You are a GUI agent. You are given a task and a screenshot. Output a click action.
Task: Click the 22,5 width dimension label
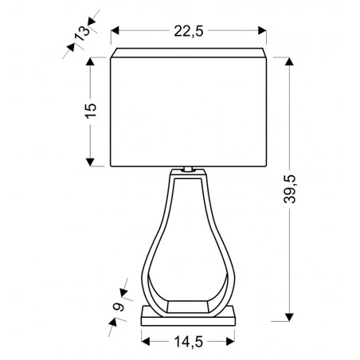[189, 31]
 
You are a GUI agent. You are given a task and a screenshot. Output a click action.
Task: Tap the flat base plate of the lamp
[189, 316]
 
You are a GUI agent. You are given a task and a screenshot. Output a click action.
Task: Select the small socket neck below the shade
[189, 169]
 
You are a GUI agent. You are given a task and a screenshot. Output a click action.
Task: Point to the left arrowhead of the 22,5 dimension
[114, 31]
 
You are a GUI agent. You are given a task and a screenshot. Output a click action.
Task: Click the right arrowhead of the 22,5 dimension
[264, 31]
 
